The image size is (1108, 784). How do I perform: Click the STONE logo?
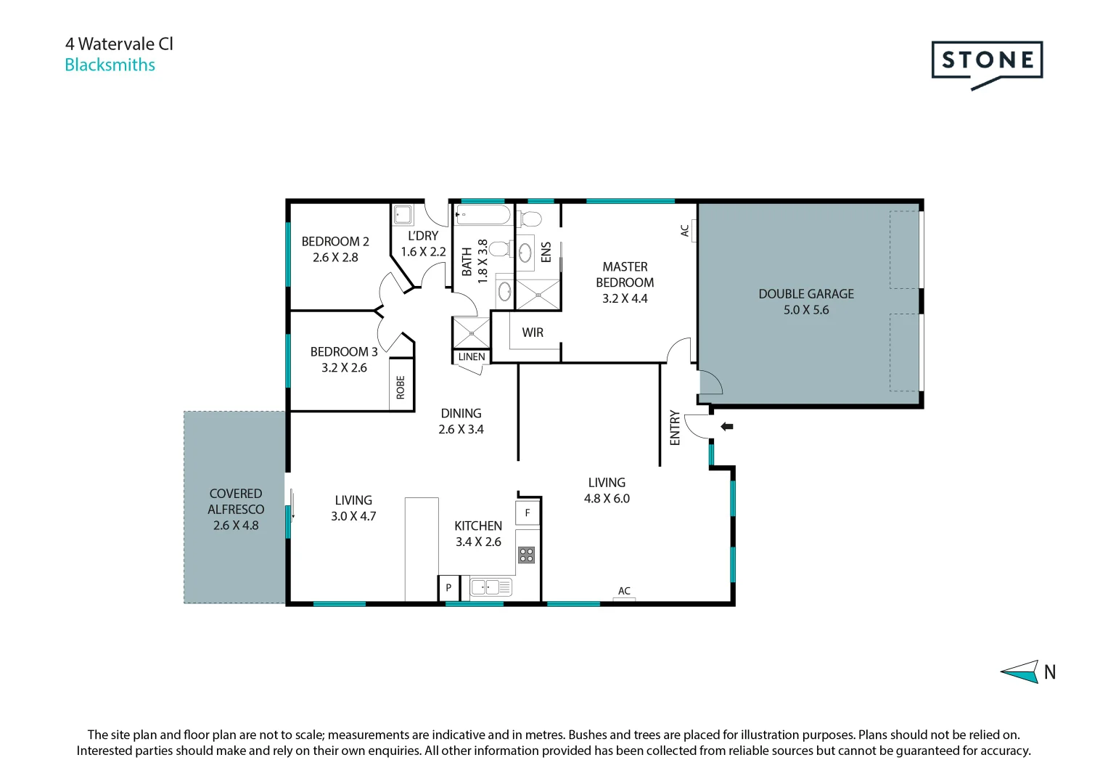pyautogui.click(x=987, y=65)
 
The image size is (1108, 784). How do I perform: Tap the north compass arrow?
pyautogui.click(x=1020, y=671)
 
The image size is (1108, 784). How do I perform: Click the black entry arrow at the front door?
pyautogui.click(x=726, y=426)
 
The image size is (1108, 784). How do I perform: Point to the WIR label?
pyautogui.click(x=533, y=332)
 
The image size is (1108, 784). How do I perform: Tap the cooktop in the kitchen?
pyautogui.click(x=526, y=555)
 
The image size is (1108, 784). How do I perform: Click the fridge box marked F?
pyautogui.click(x=528, y=513)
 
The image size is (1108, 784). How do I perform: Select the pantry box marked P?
pyautogui.click(x=448, y=588)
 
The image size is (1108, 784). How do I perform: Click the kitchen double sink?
pyautogui.click(x=491, y=587)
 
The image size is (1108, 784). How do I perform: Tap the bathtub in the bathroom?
pyautogui.click(x=483, y=215)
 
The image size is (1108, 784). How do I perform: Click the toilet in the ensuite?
pyautogui.click(x=529, y=218)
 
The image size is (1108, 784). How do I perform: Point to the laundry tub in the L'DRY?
pyautogui.click(x=403, y=216)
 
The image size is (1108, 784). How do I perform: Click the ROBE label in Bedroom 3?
pyautogui.click(x=401, y=387)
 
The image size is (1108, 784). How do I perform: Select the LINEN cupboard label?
pyautogui.click(x=472, y=356)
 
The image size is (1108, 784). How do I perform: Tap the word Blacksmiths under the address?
pyautogui.click(x=110, y=65)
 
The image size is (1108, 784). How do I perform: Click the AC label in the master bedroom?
pyautogui.click(x=685, y=231)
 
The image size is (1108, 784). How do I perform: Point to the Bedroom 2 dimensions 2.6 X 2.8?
pyautogui.click(x=335, y=258)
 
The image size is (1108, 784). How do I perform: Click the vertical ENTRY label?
pyautogui.click(x=675, y=428)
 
